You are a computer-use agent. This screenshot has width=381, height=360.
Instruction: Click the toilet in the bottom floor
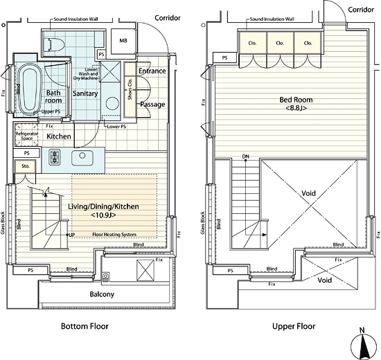54,45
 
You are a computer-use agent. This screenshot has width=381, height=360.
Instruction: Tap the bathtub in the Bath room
28,90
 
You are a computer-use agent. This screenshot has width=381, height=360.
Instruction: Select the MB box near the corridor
123,42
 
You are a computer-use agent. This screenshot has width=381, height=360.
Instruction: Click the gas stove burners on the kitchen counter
54,157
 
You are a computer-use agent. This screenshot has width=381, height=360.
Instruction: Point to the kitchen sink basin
82,158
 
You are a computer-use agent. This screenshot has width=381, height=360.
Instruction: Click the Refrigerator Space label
27,136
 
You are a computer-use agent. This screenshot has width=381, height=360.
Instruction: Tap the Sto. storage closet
25,166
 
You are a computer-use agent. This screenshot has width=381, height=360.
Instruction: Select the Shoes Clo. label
130,89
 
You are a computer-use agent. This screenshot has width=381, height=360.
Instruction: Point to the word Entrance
152,71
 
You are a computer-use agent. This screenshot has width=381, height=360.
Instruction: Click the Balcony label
102,294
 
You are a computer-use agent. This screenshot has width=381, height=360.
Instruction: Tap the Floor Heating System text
114,235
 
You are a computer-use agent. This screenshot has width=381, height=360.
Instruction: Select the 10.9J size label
103,215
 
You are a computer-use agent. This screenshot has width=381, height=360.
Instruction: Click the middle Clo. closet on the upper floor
280,43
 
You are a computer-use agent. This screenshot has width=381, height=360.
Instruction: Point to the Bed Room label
296,100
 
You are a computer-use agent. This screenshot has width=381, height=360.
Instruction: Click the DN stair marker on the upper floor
246,156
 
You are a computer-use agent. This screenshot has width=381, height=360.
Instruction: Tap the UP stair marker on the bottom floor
71,235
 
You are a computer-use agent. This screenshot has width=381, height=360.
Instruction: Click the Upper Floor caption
294,326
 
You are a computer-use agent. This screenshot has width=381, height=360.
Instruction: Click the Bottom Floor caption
85,326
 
